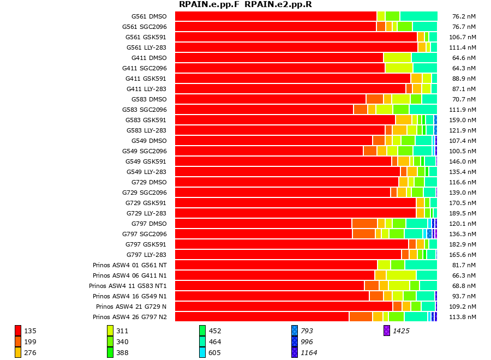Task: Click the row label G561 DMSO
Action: click(x=148, y=16)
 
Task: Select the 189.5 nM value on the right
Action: click(x=462, y=213)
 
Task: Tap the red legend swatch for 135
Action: click(x=18, y=331)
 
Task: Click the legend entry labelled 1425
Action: click(x=401, y=331)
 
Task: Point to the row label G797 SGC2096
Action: click(x=144, y=234)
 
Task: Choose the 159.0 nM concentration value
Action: click(x=462, y=120)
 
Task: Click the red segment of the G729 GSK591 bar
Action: click(x=295, y=203)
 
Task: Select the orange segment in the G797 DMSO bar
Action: click(x=364, y=224)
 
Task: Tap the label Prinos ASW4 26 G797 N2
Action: click(x=130, y=317)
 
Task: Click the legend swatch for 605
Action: click(x=202, y=352)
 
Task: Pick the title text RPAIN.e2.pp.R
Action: click(x=278, y=5)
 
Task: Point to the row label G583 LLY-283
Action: click(x=146, y=130)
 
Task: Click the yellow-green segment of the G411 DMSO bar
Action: click(x=397, y=58)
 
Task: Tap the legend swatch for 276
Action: click(x=18, y=352)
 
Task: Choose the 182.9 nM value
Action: click(x=462, y=244)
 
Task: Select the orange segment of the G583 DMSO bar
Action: click(x=374, y=99)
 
